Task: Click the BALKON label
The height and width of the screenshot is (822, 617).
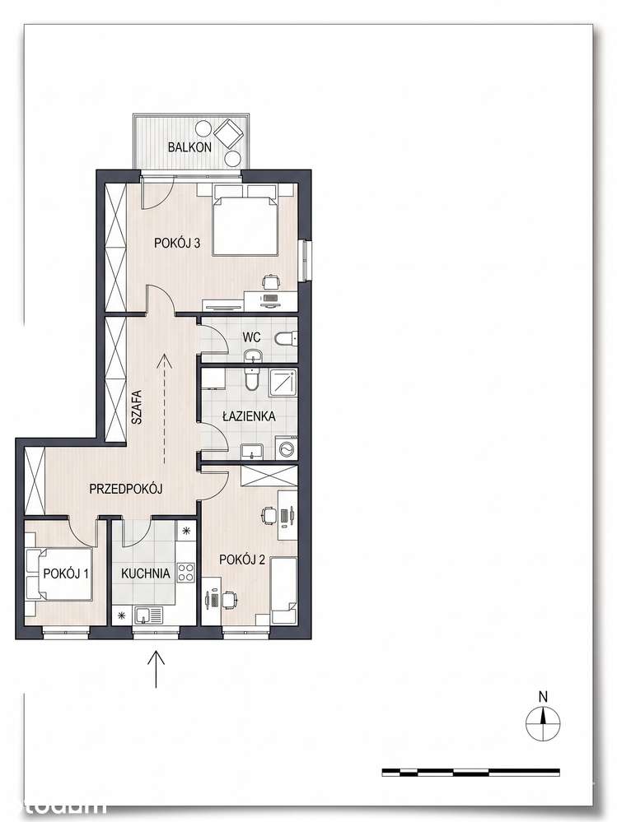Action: [x=189, y=146]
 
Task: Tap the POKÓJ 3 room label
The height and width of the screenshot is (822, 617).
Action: [x=177, y=244]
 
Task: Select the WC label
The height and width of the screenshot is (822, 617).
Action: [x=251, y=337]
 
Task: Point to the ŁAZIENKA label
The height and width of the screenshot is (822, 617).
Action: [x=249, y=416]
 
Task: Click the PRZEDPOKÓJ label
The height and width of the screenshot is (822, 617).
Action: [x=125, y=489]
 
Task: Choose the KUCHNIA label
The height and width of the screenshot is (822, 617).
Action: [x=145, y=574]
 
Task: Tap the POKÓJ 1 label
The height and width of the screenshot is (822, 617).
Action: [x=66, y=574]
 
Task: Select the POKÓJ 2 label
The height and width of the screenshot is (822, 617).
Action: [x=242, y=560]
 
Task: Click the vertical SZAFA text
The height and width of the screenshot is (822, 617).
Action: [x=137, y=406]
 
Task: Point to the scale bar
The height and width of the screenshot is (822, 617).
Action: [x=470, y=772]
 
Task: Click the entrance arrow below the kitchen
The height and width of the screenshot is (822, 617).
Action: [x=156, y=668]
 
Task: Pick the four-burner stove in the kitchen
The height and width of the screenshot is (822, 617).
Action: [x=185, y=572]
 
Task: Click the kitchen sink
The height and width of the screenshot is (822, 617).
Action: [x=148, y=615]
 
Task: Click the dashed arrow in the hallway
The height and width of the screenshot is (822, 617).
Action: [x=164, y=408]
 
